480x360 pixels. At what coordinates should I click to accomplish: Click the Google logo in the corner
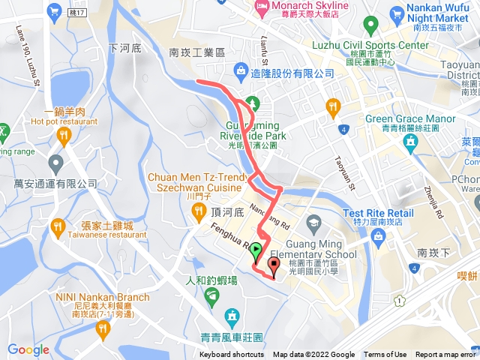click(28, 349)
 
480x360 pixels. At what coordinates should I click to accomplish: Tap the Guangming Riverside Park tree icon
click(252, 103)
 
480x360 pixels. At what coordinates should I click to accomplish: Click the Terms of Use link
click(385, 355)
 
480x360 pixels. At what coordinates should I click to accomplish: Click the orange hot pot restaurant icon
click(62, 136)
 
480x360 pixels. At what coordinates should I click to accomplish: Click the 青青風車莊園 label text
click(232, 337)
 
